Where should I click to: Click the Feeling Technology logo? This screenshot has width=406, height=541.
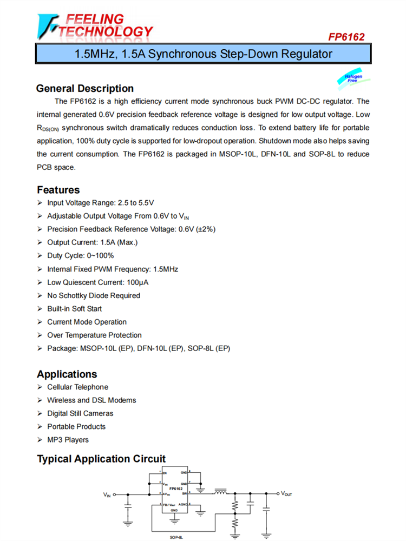(x=95, y=25)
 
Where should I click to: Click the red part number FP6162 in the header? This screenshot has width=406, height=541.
(x=346, y=37)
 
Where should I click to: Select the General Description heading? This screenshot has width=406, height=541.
(x=84, y=88)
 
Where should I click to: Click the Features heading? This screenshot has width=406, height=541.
(x=58, y=190)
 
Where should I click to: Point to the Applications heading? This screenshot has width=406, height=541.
(x=67, y=374)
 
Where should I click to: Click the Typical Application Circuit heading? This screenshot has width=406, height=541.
(x=101, y=459)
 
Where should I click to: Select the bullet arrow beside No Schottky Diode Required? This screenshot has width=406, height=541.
(x=40, y=295)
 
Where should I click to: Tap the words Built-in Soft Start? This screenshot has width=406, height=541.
(x=74, y=308)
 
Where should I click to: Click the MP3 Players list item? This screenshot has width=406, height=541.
(x=68, y=440)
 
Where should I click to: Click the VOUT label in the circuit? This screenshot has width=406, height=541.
(x=286, y=494)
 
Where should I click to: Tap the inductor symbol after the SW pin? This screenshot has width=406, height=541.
(x=220, y=492)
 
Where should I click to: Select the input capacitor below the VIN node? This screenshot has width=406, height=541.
(x=128, y=506)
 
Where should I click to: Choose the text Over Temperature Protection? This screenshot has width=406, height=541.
(x=94, y=335)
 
